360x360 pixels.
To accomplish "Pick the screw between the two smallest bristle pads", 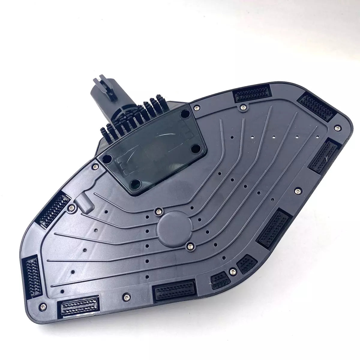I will [232, 271].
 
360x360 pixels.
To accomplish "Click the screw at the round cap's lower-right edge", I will [190, 246].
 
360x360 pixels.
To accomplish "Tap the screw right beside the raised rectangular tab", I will [72, 207].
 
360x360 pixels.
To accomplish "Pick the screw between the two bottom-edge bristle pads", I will [126, 297].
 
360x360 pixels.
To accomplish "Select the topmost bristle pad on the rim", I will [252, 92].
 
